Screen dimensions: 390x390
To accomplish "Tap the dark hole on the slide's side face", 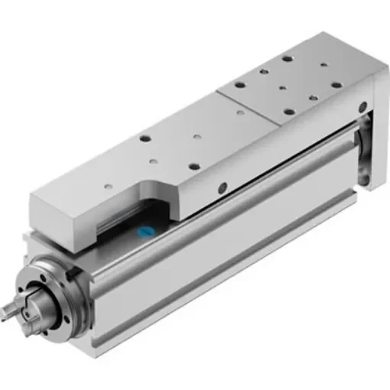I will (x=223, y=186).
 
